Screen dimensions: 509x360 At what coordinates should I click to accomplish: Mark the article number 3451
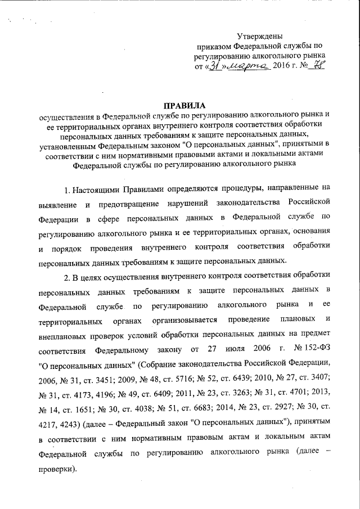click(112, 378)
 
